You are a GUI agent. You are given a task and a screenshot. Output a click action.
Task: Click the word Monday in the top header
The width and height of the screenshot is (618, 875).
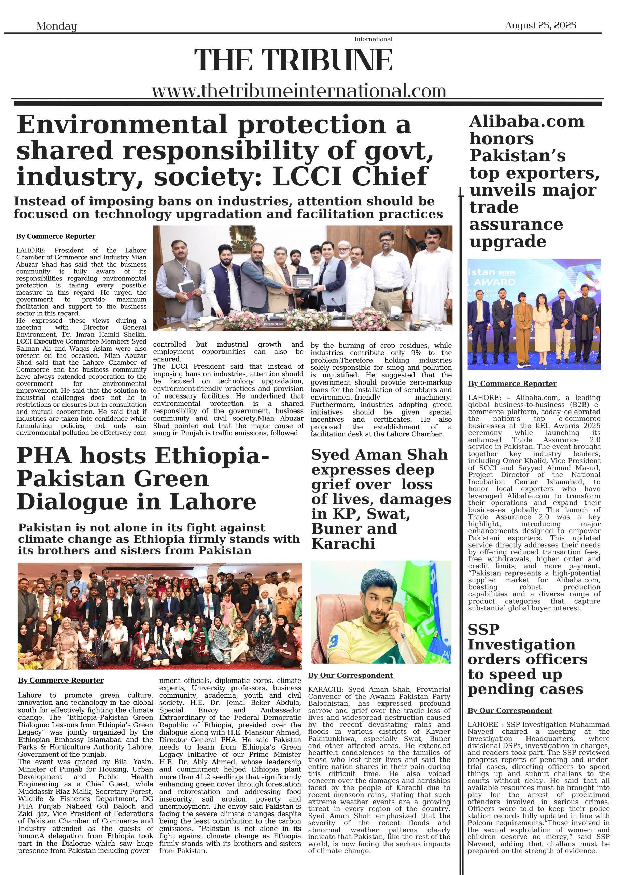pos(56,26)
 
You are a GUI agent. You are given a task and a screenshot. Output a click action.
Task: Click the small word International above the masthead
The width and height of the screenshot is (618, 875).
pos(373,39)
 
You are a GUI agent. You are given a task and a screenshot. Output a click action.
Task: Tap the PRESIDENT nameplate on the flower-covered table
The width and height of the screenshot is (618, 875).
pos(274,324)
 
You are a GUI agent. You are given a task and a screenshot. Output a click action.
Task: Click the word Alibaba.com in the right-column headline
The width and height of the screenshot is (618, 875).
pos(526,122)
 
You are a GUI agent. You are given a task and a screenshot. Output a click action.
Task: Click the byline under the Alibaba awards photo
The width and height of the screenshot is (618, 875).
pos(512,383)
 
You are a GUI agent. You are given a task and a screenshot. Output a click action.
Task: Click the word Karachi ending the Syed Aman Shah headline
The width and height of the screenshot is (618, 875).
pos(343,544)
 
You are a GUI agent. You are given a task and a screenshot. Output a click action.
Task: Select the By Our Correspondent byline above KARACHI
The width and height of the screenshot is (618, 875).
pos(351,675)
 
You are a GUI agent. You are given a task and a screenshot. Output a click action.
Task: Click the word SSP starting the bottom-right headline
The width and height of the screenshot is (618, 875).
pos(483,630)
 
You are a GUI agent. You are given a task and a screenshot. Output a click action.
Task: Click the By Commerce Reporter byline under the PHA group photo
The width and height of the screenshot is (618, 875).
pos(61,680)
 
